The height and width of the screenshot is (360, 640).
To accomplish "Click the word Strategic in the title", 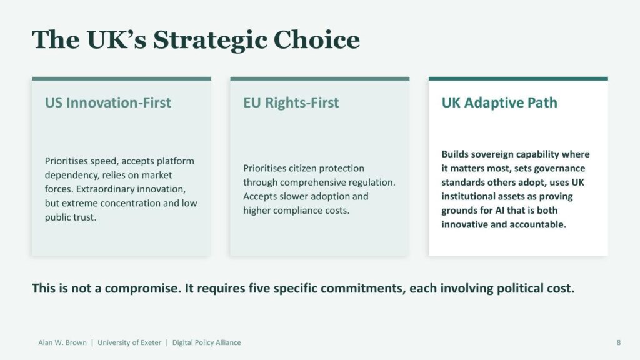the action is pyautogui.click(x=209, y=41).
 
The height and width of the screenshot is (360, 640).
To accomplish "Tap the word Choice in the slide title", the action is pyautogui.click(x=317, y=39).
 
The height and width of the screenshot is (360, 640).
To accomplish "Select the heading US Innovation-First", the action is pyautogui.click(x=108, y=102).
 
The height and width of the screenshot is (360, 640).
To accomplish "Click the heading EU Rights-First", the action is pyautogui.click(x=291, y=103).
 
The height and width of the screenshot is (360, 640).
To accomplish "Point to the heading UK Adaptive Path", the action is pyautogui.click(x=499, y=103).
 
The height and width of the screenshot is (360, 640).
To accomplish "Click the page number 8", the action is pyautogui.click(x=619, y=343).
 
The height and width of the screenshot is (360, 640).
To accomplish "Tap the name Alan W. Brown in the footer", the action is pyautogui.click(x=62, y=343).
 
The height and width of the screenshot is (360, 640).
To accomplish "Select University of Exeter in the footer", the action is pyautogui.click(x=129, y=343).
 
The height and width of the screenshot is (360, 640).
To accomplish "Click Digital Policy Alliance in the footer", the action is pyautogui.click(x=206, y=343).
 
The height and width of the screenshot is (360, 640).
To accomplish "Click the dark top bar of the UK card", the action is pyautogui.click(x=518, y=79).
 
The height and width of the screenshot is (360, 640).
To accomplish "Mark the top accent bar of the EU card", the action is pyautogui.click(x=320, y=79).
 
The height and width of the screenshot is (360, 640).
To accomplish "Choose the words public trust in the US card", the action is pyautogui.click(x=71, y=217).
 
